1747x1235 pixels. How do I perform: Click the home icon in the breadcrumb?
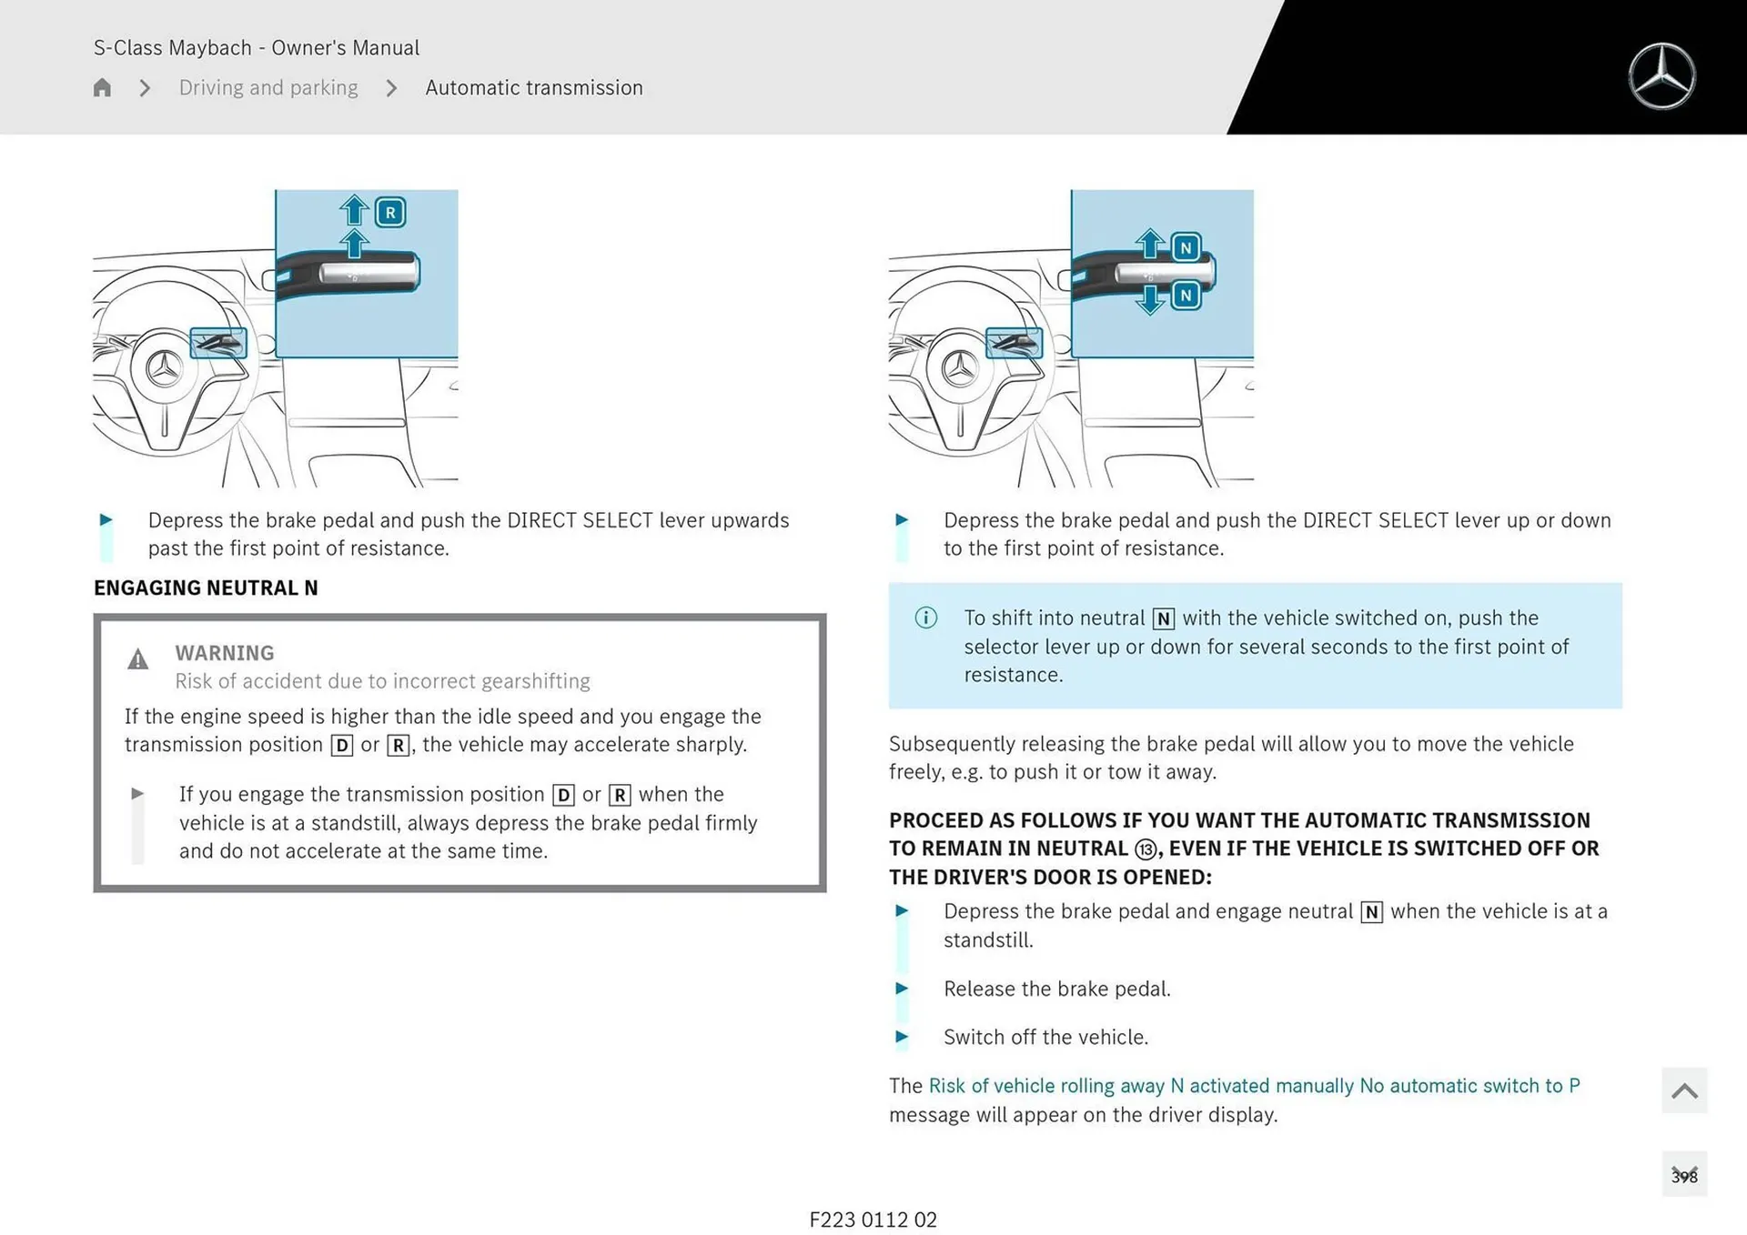[x=102, y=87]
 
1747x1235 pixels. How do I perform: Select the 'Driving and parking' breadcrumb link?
[x=268, y=87]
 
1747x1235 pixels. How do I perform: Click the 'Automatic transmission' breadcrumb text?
[x=534, y=87]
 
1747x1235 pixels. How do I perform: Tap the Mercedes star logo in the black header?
[x=1661, y=76]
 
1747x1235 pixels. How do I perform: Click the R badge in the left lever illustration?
[x=390, y=213]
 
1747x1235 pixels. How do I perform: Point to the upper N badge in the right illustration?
[x=1186, y=247]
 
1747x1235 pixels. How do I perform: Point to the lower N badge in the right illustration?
[x=1186, y=296]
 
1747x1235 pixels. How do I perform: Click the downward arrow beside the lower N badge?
[x=1151, y=299]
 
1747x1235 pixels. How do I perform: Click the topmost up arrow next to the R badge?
[x=354, y=210]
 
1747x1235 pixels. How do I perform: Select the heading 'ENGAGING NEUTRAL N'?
[x=206, y=587]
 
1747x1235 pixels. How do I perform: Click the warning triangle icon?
[x=137, y=659]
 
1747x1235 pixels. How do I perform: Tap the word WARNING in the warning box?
[x=224, y=653]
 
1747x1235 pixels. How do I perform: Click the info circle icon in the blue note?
[x=925, y=618]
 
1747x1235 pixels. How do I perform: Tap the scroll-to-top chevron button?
[x=1683, y=1090]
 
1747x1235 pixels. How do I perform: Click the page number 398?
[x=1683, y=1176]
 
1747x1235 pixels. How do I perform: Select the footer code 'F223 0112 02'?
[x=873, y=1220]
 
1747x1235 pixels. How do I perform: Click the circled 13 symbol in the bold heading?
[x=1146, y=849]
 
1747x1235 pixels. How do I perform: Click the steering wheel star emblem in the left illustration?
[x=165, y=369]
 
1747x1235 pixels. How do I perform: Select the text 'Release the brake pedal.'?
[x=1056, y=989]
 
